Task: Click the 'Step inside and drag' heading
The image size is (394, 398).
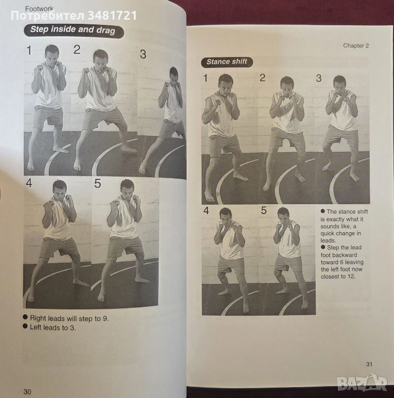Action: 74,31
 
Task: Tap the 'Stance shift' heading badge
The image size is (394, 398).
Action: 227,62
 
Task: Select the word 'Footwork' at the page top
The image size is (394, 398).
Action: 39,9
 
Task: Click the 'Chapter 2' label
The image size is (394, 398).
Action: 356,46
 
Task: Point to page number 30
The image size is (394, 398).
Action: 27,392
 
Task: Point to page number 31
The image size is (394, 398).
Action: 369,364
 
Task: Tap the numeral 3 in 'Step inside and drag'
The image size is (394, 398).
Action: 143,54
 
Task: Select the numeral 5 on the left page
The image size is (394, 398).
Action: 98,183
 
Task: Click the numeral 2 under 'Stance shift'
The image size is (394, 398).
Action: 262,78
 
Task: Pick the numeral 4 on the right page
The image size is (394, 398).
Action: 206,210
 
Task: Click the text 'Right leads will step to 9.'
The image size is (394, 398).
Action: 69,318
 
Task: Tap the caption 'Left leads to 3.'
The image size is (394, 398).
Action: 53,328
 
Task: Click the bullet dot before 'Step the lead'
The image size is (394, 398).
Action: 323,247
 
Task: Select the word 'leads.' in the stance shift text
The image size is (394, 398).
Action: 328,240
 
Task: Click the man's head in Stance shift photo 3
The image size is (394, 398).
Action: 340,84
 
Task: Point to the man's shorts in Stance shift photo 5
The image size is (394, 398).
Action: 287,263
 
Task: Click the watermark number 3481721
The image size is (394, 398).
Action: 112,16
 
